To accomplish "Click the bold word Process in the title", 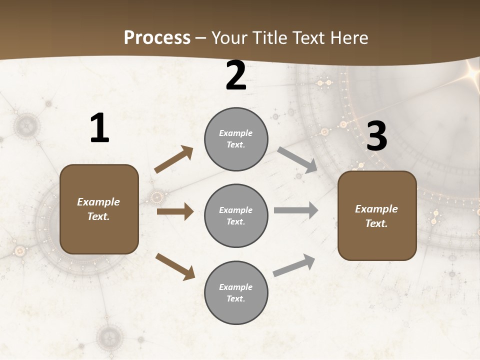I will click(157, 37).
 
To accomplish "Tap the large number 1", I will click(99, 128).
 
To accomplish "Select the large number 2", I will click(236, 75).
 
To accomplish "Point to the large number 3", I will click(376, 136).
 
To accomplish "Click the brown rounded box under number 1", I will click(99, 209).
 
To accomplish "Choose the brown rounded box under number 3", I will click(377, 215).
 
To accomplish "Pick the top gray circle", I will click(236, 139).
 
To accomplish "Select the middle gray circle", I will click(236, 215).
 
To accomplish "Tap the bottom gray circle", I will click(236, 292).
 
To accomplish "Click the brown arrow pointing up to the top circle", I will click(174, 159).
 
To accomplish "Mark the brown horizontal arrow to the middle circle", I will click(175, 211).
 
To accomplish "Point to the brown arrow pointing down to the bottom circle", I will click(175, 266).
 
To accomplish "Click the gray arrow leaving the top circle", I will click(297, 160).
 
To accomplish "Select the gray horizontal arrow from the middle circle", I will click(296, 210).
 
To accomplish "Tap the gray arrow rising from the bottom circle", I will click(294, 265).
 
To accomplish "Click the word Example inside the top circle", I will click(236, 133).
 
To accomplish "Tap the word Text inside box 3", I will click(376, 223).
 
